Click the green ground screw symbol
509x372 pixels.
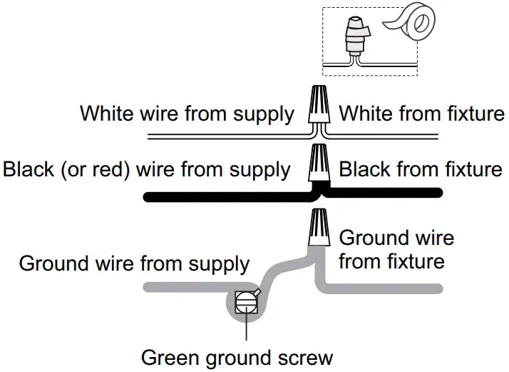[x=245, y=301]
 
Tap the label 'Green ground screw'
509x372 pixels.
[x=237, y=356]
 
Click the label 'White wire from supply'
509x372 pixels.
[x=187, y=114]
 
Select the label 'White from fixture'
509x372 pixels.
[x=421, y=114]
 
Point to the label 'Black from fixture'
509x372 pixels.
[x=421, y=170]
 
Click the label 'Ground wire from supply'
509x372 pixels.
[x=134, y=263]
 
